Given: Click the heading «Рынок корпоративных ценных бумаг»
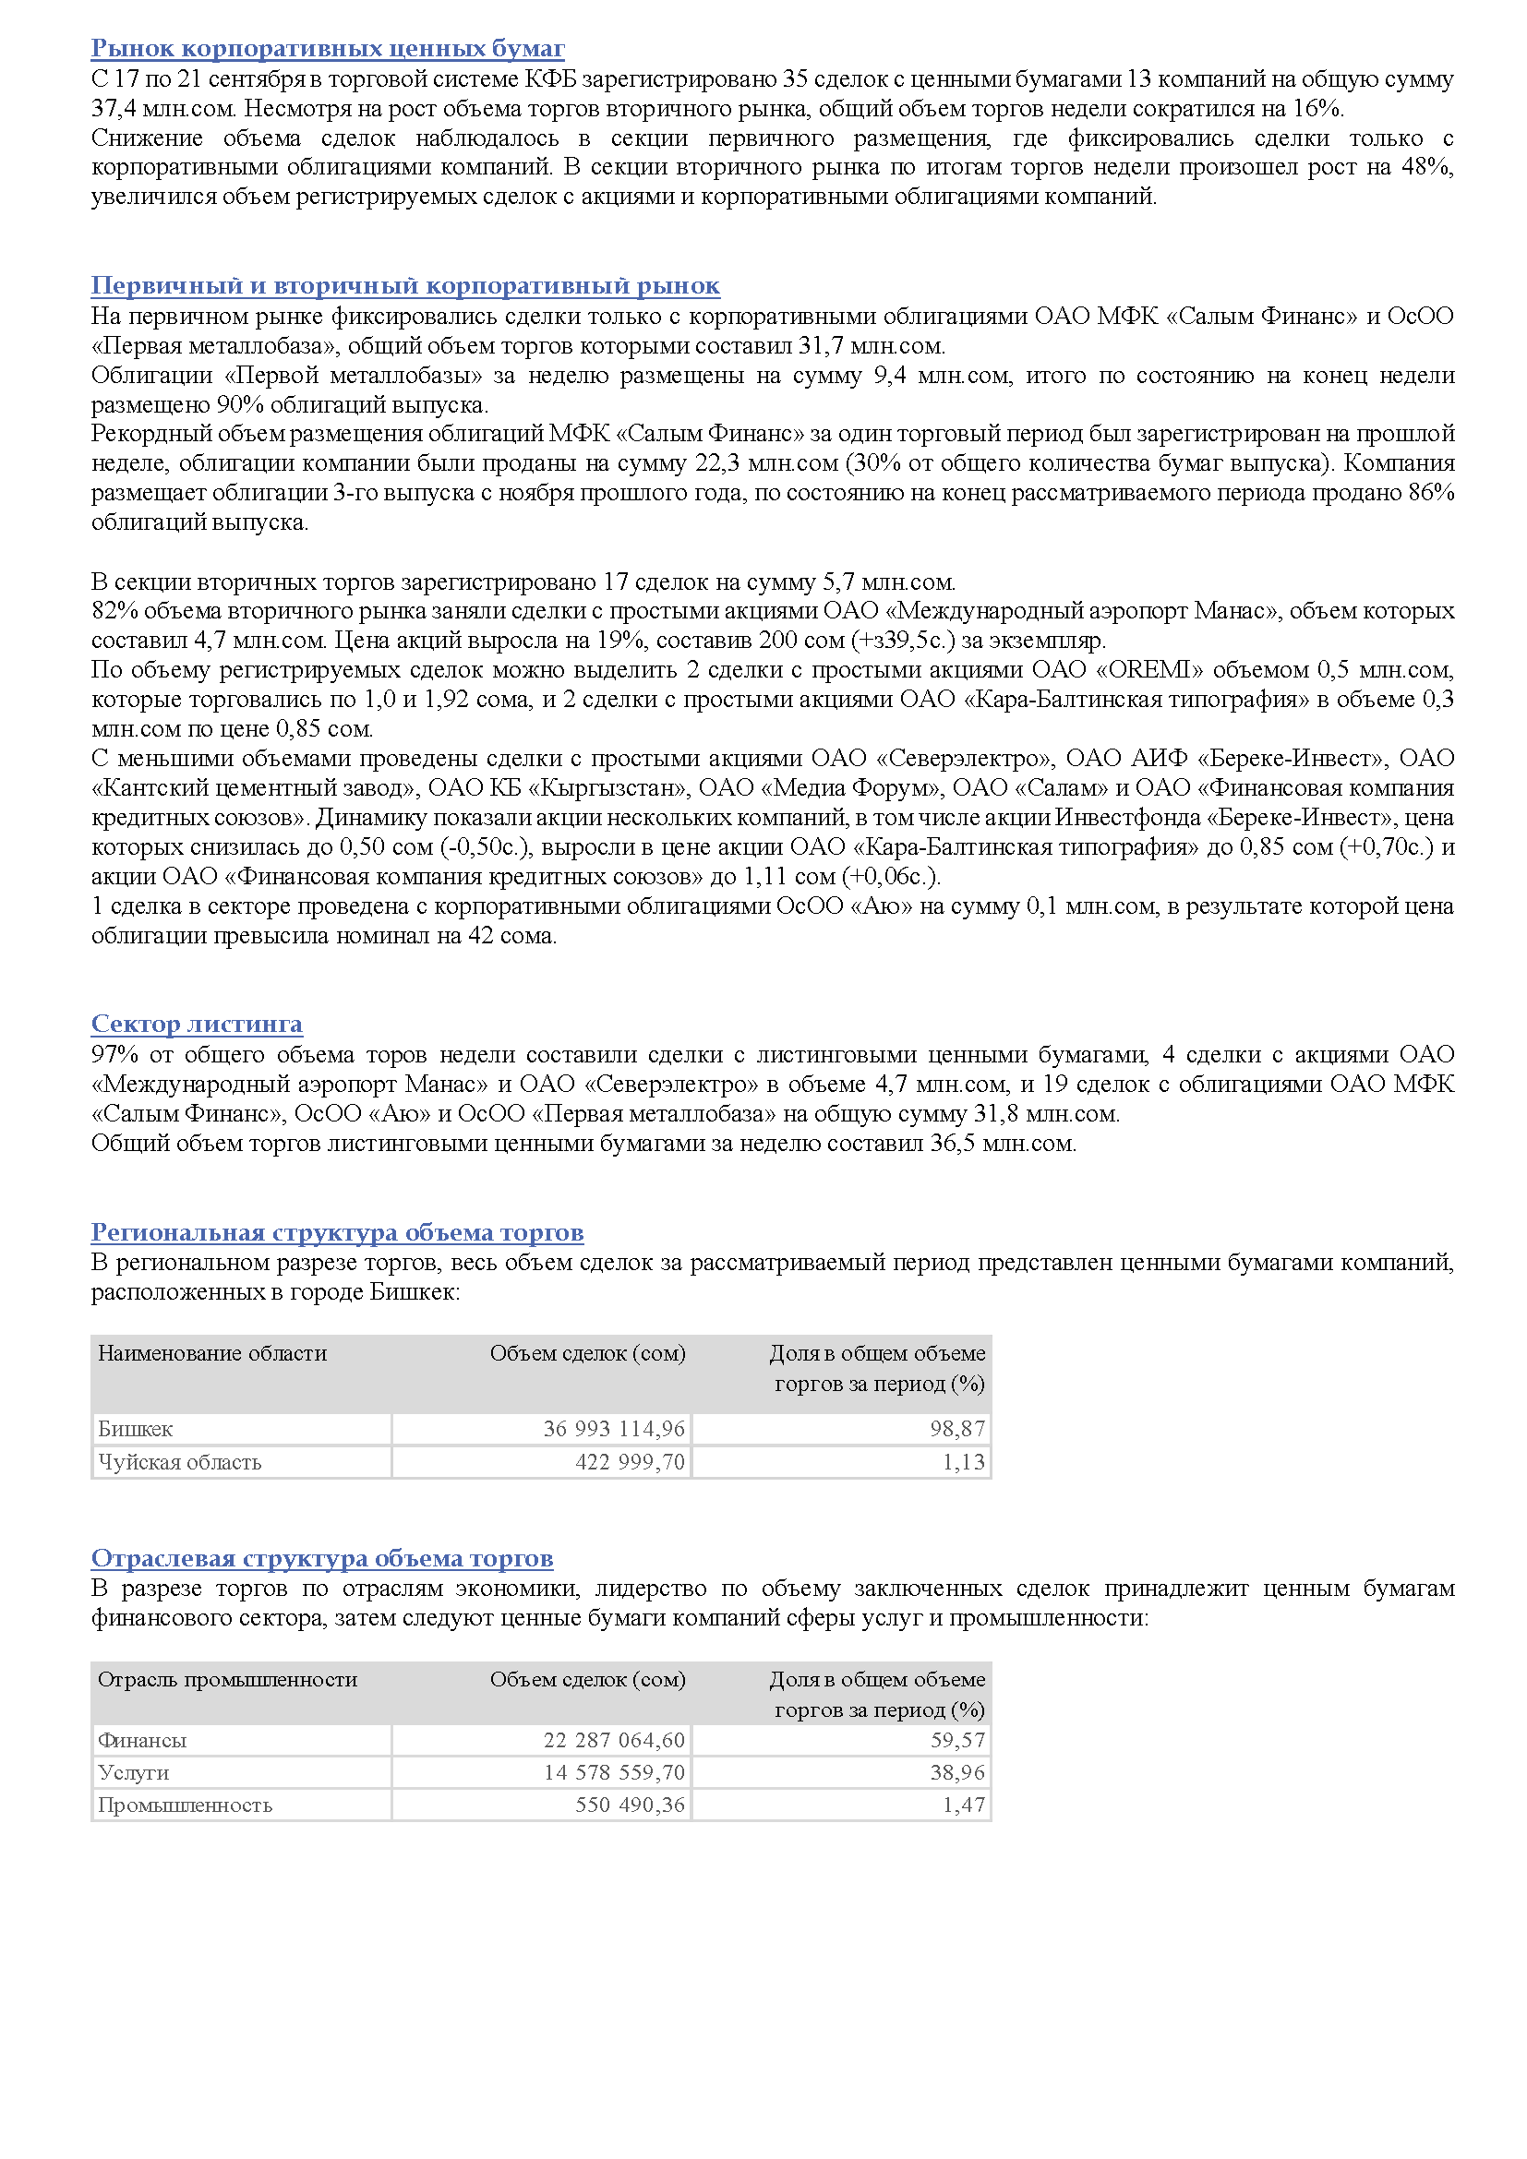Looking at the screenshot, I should (x=327, y=48).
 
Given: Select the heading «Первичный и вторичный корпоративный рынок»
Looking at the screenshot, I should (x=405, y=286).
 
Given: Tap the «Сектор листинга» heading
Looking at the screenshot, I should (x=197, y=1024).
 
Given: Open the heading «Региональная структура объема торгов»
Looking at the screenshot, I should (x=337, y=1233).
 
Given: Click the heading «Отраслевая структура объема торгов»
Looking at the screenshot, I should (x=321, y=1559).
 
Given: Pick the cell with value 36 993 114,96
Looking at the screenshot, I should (x=614, y=1429).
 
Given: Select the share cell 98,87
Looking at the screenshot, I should (x=957, y=1429).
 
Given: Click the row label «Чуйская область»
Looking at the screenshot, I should (x=180, y=1462).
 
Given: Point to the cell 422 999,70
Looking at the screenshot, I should (x=630, y=1462).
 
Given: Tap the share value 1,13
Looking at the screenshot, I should (x=964, y=1462).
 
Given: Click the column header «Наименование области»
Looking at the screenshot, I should (x=212, y=1354).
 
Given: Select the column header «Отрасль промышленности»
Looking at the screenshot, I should (x=227, y=1680).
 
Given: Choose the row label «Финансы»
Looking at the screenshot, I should (x=142, y=1741).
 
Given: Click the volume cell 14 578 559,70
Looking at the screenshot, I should (x=614, y=1773).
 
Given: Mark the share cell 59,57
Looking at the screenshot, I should (x=957, y=1741).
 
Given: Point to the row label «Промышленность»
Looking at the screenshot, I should (x=186, y=1805).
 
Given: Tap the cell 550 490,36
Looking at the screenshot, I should (x=630, y=1805).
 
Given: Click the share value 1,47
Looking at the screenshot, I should (x=964, y=1805).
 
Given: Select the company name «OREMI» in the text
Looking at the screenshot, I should (x=1157, y=670).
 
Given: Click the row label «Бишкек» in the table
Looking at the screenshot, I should (x=136, y=1429).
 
